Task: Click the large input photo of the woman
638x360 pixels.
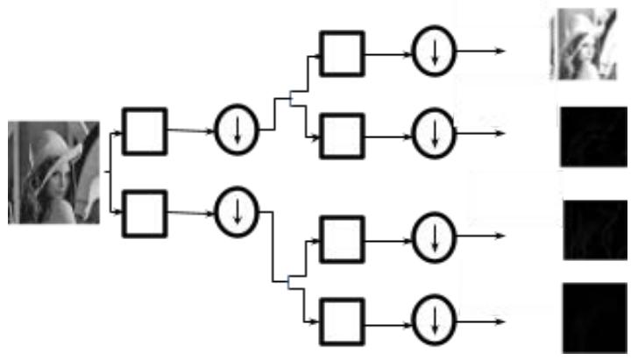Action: pos(53,172)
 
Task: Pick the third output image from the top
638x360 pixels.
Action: pos(593,229)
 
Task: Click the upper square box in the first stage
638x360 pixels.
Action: pos(144,131)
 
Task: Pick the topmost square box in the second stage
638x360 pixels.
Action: pos(342,53)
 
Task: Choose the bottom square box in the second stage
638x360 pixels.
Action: pos(342,319)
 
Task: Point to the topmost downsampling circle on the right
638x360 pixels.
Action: pos(432,52)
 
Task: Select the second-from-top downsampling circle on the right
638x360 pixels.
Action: pos(432,134)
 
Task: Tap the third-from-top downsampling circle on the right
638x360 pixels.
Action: pos(432,236)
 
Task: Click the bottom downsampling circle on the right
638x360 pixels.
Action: pos(432,319)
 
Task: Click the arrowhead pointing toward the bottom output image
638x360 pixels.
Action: pos(500,319)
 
